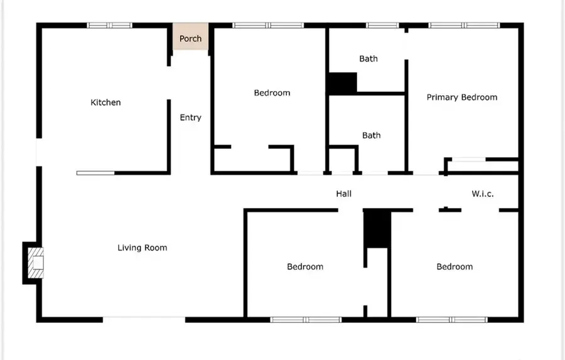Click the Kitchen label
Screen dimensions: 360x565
click(105, 102)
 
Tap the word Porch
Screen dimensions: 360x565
click(190, 39)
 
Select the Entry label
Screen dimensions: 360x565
click(190, 117)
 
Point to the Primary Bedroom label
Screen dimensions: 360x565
click(461, 97)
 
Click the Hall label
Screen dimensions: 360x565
click(343, 194)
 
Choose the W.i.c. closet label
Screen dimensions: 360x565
click(482, 194)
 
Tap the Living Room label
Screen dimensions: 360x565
click(143, 248)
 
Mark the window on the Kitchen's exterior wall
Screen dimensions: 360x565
click(110, 26)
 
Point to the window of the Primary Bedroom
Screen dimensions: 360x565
click(465, 26)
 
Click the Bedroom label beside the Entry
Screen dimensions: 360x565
click(272, 93)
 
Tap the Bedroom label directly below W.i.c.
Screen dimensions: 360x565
click(455, 267)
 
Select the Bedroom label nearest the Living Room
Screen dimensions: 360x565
click(305, 267)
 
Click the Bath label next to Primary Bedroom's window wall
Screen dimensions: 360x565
click(369, 59)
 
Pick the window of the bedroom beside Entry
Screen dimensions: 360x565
click(268, 26)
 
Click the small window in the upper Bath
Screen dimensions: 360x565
click(382, 26)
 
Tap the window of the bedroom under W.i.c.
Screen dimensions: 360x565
click(452, 320)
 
